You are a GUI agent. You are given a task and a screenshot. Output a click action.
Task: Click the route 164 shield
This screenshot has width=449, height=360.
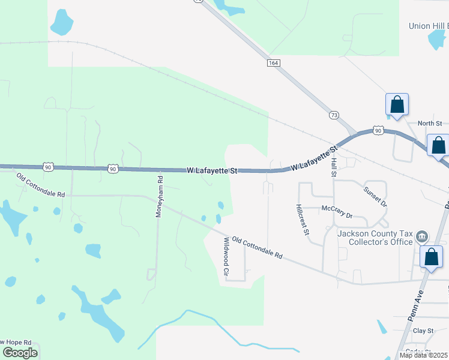[273, 63]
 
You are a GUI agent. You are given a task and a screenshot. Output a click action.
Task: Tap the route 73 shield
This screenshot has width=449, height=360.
[334, 115]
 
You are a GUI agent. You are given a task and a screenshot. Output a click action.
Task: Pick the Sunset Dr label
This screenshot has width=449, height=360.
[375, 196]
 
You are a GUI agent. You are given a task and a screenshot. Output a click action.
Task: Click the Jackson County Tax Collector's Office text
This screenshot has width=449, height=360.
[375, 238]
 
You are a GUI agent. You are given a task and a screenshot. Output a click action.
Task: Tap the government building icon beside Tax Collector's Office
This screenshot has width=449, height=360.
[422, 237]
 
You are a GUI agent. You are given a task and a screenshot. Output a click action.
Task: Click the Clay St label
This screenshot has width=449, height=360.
[423, 331]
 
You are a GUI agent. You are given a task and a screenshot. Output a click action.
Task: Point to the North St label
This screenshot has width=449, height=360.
[430, 124]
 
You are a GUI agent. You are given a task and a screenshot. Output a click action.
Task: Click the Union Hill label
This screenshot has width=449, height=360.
[427, 26]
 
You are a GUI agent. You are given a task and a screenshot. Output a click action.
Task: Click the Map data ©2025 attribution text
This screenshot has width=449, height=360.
[423, 355]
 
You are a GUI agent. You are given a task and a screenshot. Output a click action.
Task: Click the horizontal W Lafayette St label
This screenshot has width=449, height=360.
[212, 171]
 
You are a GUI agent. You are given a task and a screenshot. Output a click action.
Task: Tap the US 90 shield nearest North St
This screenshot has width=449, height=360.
[377, 130]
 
